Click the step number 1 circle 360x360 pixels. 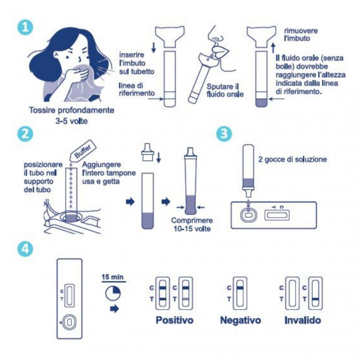tap(25, 27)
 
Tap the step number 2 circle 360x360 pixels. tap(25, 134)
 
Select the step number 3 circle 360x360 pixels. tap(224, 134)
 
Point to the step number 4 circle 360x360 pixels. tap(25, 249)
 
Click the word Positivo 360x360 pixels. tap(174, 320)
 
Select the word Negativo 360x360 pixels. tap(240, 320)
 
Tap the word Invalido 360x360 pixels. tap(302, 320)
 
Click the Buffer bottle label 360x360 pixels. tap(82, 150)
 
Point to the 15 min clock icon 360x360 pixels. tap(113, 293)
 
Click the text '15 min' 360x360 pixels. tap(113, 277)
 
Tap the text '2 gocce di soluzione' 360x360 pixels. tap(293, 159)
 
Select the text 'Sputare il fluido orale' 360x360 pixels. tap(225, 91)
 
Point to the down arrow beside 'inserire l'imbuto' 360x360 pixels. tap(154, 47)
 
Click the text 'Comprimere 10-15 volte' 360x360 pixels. tap(192, 225)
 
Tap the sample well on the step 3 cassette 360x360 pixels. tap(248, 215)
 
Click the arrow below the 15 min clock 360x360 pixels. tap(115, 309)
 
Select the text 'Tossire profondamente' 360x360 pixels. tap(71, 110)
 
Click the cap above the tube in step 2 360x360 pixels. tap(148, 152)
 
